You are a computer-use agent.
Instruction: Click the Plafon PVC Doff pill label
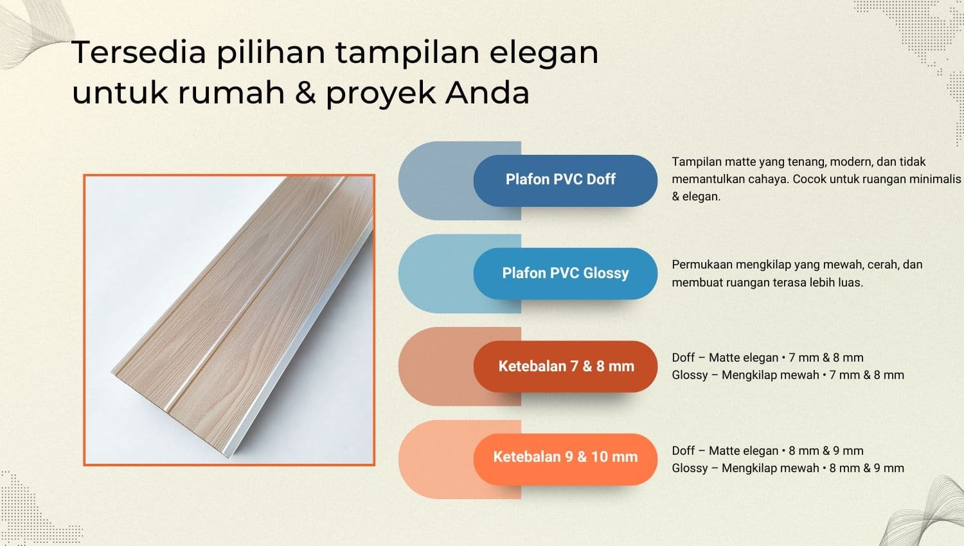pos(560,180)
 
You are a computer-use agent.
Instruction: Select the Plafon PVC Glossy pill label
pos(565,273)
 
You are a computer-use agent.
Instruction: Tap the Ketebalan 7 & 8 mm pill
pos(566,366)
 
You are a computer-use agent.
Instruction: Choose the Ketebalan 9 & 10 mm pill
pos(565,457)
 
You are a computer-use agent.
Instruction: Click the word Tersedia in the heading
pos(139,52)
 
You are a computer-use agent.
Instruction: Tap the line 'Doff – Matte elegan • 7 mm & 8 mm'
pos(767,358)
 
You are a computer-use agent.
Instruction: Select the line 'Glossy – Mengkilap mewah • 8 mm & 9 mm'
pos(787,468)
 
